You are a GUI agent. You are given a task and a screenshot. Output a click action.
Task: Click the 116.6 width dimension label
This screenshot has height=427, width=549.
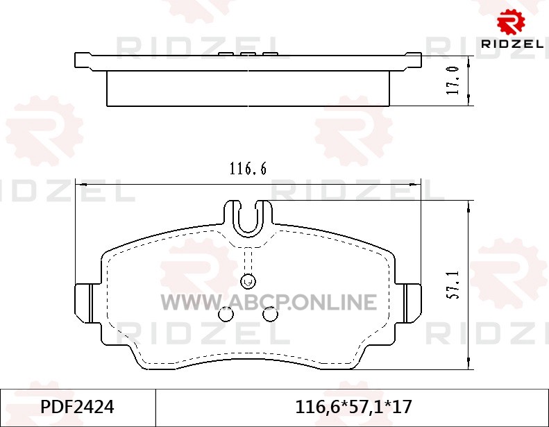[x=248, y=169]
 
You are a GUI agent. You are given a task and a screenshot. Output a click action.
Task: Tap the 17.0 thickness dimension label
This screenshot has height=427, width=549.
[x=453, y=81]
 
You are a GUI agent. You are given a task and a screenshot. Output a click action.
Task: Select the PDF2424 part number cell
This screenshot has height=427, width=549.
[x=77, y=407]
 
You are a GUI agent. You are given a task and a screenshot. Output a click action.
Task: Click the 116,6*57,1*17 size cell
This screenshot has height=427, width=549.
[x=354, y=407]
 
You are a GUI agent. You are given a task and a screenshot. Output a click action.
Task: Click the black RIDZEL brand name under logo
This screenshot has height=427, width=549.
[x=512, y=44]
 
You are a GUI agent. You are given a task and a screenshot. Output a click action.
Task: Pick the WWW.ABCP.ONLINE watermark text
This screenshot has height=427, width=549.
[x=269, y=302]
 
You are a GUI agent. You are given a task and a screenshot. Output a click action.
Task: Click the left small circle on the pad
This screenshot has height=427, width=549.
[x=226, y=315]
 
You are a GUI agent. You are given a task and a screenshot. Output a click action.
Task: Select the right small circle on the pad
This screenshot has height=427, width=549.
[x=270, y=315]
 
